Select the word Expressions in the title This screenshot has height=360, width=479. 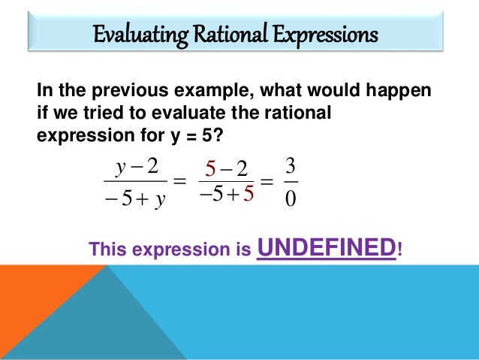coord(327,35)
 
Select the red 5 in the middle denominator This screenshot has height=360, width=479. coord(249,195)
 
